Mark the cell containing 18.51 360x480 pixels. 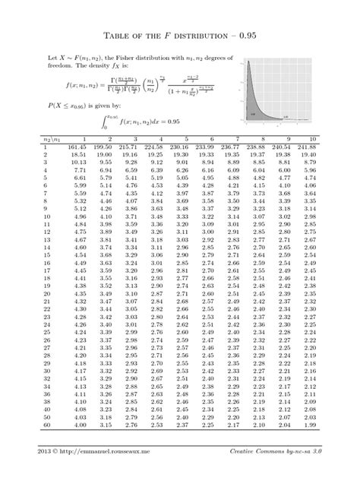pos(79,154)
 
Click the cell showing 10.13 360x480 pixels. pos(79,163)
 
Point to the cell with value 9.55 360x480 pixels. pos(106,163)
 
